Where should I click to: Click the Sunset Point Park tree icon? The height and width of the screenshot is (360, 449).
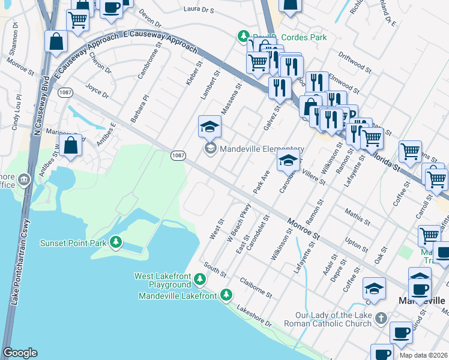[116, 243]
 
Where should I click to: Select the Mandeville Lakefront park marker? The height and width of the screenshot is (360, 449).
[226, 294]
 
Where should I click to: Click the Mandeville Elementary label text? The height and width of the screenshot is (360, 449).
[262, 149]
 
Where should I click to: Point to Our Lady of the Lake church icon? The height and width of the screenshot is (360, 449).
[380, 317]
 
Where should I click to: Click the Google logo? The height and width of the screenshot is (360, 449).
[20, 353]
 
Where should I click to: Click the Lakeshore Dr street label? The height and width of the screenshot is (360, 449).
[254, 316]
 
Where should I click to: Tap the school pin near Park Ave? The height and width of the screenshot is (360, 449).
[288, 161]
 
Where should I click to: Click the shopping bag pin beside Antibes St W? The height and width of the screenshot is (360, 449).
[71, 146]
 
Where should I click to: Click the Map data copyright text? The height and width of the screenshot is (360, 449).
[424, 355]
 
